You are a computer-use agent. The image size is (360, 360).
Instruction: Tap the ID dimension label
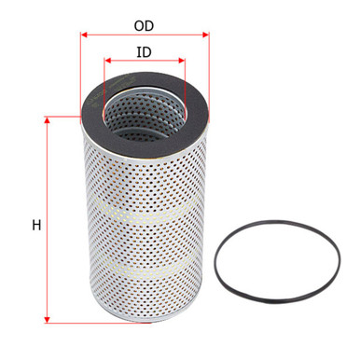(x=145, y=53)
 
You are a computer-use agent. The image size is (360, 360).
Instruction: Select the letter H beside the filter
(x=35, y=225)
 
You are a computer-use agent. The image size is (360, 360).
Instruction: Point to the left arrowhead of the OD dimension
(x=84, y=35)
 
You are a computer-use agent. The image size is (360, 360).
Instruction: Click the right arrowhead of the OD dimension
(x=206, y=35)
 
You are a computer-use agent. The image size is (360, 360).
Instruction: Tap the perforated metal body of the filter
(x=145, y=233)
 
